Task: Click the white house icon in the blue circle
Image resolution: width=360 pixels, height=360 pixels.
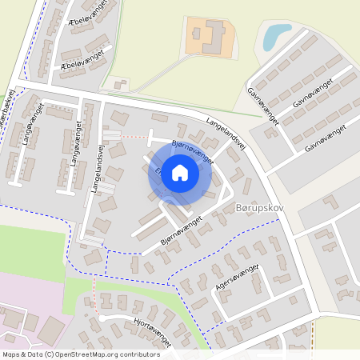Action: coord(180,173)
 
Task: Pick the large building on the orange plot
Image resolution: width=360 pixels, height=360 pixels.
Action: coord(210,35)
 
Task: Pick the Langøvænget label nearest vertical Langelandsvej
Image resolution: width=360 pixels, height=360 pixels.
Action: coord(78,144)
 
